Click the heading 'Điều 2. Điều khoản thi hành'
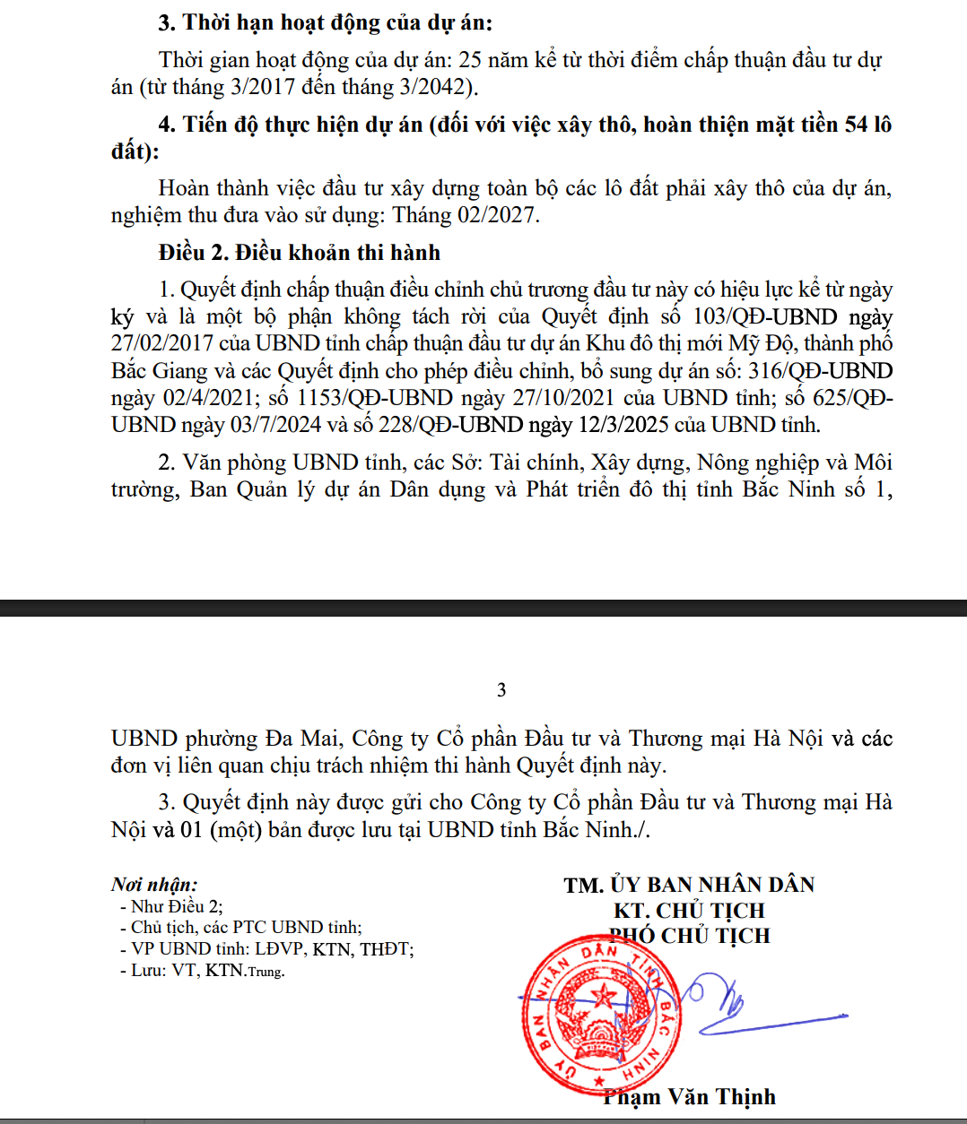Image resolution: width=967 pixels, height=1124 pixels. (299, 253)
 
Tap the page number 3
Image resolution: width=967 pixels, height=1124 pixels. (501, 690)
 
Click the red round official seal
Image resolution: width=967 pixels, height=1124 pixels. (600, 1014)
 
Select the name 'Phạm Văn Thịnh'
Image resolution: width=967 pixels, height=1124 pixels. (689, 1097)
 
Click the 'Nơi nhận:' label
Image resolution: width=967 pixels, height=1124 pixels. (154, 885)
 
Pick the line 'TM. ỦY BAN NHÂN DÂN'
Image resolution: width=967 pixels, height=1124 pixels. (689, 886)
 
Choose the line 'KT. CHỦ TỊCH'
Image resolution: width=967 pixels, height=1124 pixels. (689, 911)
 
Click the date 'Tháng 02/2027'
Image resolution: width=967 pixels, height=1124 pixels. (465, 216)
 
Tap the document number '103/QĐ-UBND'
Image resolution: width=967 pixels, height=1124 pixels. (764, 317)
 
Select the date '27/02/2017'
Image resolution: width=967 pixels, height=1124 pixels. (162, 344)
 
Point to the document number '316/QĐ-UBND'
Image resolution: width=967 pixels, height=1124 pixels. (821, 371)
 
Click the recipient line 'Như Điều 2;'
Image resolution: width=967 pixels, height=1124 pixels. (177, 907)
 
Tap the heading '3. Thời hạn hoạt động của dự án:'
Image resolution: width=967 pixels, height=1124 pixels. (325, 22)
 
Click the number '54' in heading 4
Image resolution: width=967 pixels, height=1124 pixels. (856, 125)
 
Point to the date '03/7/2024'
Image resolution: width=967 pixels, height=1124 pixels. (275, 425)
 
